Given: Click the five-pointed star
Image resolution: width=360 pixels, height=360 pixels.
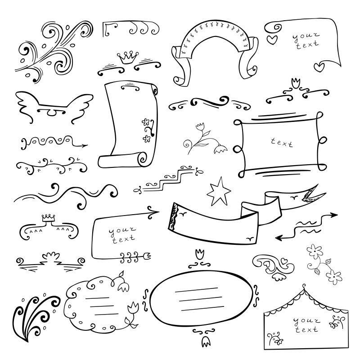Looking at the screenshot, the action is click(x=218, y=193).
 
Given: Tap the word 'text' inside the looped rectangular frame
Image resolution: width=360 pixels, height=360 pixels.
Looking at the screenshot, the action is click(x=282, y=143).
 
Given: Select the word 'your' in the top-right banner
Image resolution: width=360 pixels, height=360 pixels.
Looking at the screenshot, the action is click(x=306, y=36).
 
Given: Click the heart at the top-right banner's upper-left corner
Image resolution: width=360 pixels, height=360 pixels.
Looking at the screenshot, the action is click(x=272, y=40).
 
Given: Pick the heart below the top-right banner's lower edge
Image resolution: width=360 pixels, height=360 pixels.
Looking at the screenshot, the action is click(x=319, y=67).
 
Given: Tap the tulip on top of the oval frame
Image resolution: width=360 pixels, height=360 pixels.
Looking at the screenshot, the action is click(x=199, y=254).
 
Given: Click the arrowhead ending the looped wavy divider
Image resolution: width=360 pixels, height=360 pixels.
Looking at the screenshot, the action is click(x=84, y=145).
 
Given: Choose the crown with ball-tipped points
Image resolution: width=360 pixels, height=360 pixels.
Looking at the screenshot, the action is click(x=128, y=58).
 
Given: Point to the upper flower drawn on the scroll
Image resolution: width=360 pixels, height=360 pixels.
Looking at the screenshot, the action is click(x=145, y=122).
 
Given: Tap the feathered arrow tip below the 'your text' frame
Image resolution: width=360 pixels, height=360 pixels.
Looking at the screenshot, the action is click(x=147, y=256).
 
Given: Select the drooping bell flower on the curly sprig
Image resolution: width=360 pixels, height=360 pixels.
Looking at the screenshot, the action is click(x=220, y=149).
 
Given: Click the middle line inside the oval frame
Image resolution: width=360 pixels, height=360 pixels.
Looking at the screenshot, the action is click(x=201, y=299).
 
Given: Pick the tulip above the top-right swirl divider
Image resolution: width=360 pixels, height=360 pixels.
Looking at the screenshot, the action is click(x=296, y=83).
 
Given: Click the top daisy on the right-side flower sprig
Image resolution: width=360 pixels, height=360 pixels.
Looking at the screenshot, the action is click(x=315, y=251).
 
